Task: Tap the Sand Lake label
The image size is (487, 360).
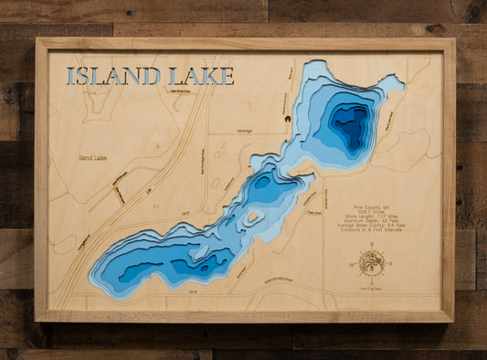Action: [91, 158]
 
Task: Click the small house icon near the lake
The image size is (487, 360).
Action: [287, 118]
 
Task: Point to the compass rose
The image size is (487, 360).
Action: [371, 262]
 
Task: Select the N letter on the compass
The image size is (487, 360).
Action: [371, 243]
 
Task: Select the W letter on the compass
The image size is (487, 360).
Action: [350, 263]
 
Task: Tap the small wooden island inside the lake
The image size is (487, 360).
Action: [250, 217]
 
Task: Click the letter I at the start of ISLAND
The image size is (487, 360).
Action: [70, 76]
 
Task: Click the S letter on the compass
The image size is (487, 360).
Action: [371, 281]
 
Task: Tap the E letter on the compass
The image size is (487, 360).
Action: [392, 263]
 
